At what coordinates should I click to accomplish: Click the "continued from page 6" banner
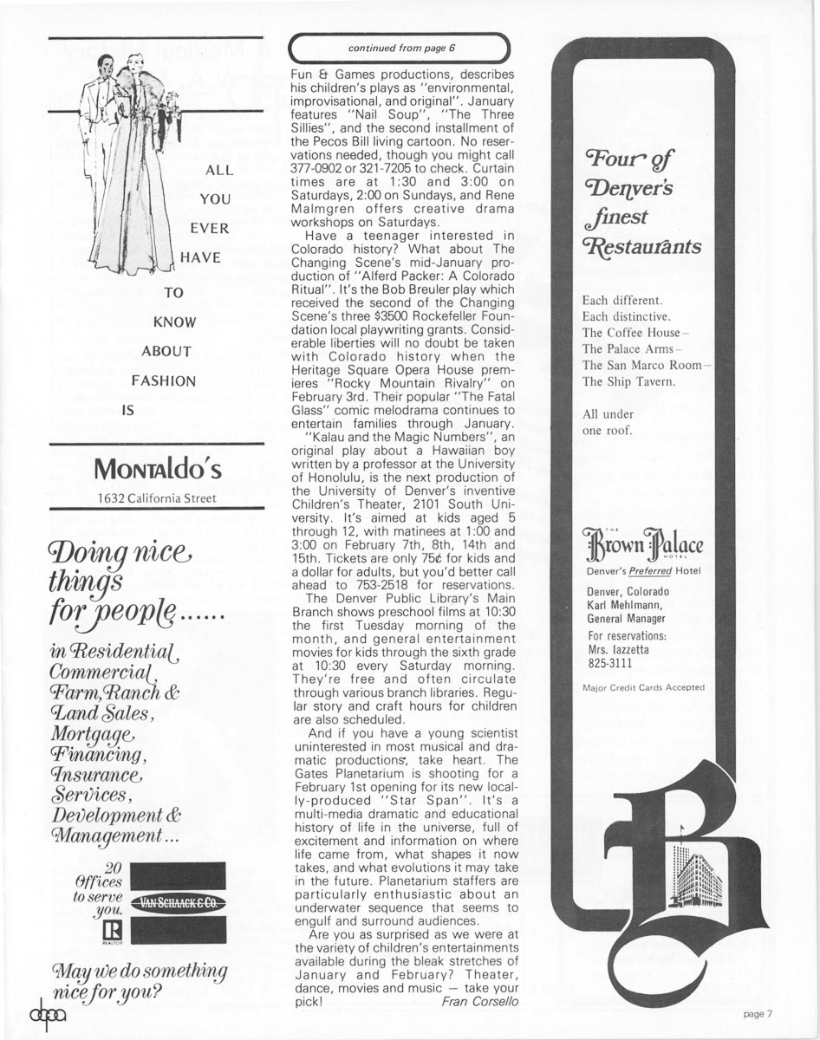400,48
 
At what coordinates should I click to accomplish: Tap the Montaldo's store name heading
157,469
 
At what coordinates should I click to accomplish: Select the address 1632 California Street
157,497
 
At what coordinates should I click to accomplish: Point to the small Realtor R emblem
110,931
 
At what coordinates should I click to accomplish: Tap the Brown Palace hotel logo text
642,548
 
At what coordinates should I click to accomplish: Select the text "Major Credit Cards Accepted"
642,687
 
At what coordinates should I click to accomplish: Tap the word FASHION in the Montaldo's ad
163,380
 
